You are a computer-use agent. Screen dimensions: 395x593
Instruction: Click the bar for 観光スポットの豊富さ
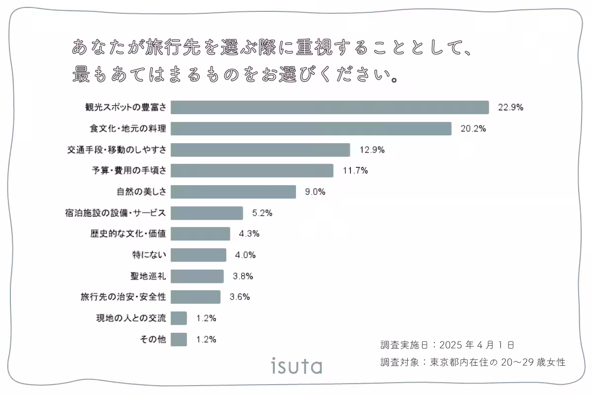[330, 108]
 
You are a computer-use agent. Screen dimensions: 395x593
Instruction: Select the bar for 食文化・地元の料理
[311, 129]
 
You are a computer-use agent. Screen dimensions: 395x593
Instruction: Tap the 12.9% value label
[372, 150]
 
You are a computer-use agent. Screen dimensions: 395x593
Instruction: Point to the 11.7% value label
[355, 171]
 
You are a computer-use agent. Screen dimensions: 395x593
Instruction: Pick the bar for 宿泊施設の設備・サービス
[207, 213]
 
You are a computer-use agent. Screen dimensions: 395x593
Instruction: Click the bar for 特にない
[198, 255]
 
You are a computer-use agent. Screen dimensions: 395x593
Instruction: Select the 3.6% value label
[240, 297]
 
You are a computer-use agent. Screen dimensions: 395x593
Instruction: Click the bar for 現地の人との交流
[179, 318]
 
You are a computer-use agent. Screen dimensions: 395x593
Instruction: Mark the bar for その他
[179, 339]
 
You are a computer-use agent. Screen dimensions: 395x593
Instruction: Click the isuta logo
[296, 366]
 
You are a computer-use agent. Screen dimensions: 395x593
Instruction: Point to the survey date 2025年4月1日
[477, 345]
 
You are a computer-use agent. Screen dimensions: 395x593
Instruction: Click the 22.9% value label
[510, 108]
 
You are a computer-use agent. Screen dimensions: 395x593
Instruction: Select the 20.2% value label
[473, 129]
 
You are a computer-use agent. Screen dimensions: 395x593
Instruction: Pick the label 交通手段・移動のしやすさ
[117, 150]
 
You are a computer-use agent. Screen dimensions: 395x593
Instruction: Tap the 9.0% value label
[315, 192]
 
